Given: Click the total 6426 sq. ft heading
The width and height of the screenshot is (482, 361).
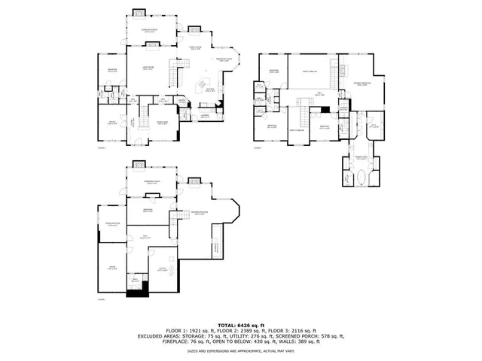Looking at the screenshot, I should (x=241, y=324).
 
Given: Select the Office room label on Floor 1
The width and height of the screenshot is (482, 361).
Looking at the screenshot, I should (x=111, y=123).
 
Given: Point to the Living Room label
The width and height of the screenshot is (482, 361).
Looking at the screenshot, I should (x=148, y=68).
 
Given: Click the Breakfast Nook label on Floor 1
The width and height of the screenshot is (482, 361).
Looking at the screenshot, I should (x=223, y=60).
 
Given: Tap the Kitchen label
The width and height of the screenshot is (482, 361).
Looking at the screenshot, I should (x=210, y=89).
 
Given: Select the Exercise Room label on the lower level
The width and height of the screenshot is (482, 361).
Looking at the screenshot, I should (x=114, y=224).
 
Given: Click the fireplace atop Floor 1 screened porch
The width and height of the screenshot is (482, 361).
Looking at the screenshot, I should (x=139, y=12).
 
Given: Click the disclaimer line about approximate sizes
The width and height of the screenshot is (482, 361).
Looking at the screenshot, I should (x=241, y=351).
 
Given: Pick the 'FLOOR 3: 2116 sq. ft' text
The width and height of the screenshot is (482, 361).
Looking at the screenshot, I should (x=297, y=330).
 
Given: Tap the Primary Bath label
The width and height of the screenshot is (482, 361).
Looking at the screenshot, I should (x=361, y=158).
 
